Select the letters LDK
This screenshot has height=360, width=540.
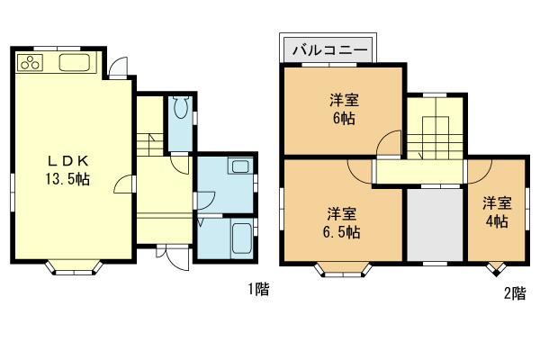coord(67,161)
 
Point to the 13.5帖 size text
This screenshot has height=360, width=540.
coord(67,179)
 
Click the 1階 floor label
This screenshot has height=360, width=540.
coord(258,290)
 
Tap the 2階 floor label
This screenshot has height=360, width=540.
coord(514,292)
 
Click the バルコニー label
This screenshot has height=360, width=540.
coord(328,48)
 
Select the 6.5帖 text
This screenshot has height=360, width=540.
coord(343,232)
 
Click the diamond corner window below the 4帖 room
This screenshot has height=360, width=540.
coord(494,268)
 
